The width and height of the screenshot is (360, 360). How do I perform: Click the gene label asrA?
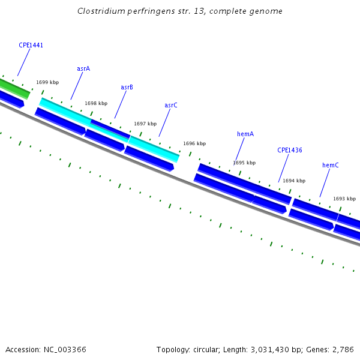pos(83,68)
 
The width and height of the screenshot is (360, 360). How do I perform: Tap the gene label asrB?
pos(127,87)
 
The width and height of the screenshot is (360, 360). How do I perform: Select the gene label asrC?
pos(171,105)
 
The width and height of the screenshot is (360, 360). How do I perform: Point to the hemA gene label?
pos(245,134)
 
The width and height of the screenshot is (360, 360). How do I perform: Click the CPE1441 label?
pos(31,45)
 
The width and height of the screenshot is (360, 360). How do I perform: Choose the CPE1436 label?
pos(289,150)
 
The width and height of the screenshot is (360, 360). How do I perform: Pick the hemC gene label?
pos(331,165)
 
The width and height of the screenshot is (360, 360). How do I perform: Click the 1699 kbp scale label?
pos(47,82)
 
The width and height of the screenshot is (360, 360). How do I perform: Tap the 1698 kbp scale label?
pos(96,103)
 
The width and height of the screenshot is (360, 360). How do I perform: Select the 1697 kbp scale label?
pos(145,124)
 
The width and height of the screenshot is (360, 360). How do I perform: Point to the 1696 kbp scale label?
pos(194,143)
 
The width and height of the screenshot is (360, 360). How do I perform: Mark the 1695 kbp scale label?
pos(244,163)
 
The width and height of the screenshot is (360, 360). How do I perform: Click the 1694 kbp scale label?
pos(294,181)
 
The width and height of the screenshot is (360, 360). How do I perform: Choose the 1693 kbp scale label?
pos(344,199)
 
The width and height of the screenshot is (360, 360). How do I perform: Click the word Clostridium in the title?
pos(101,11)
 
